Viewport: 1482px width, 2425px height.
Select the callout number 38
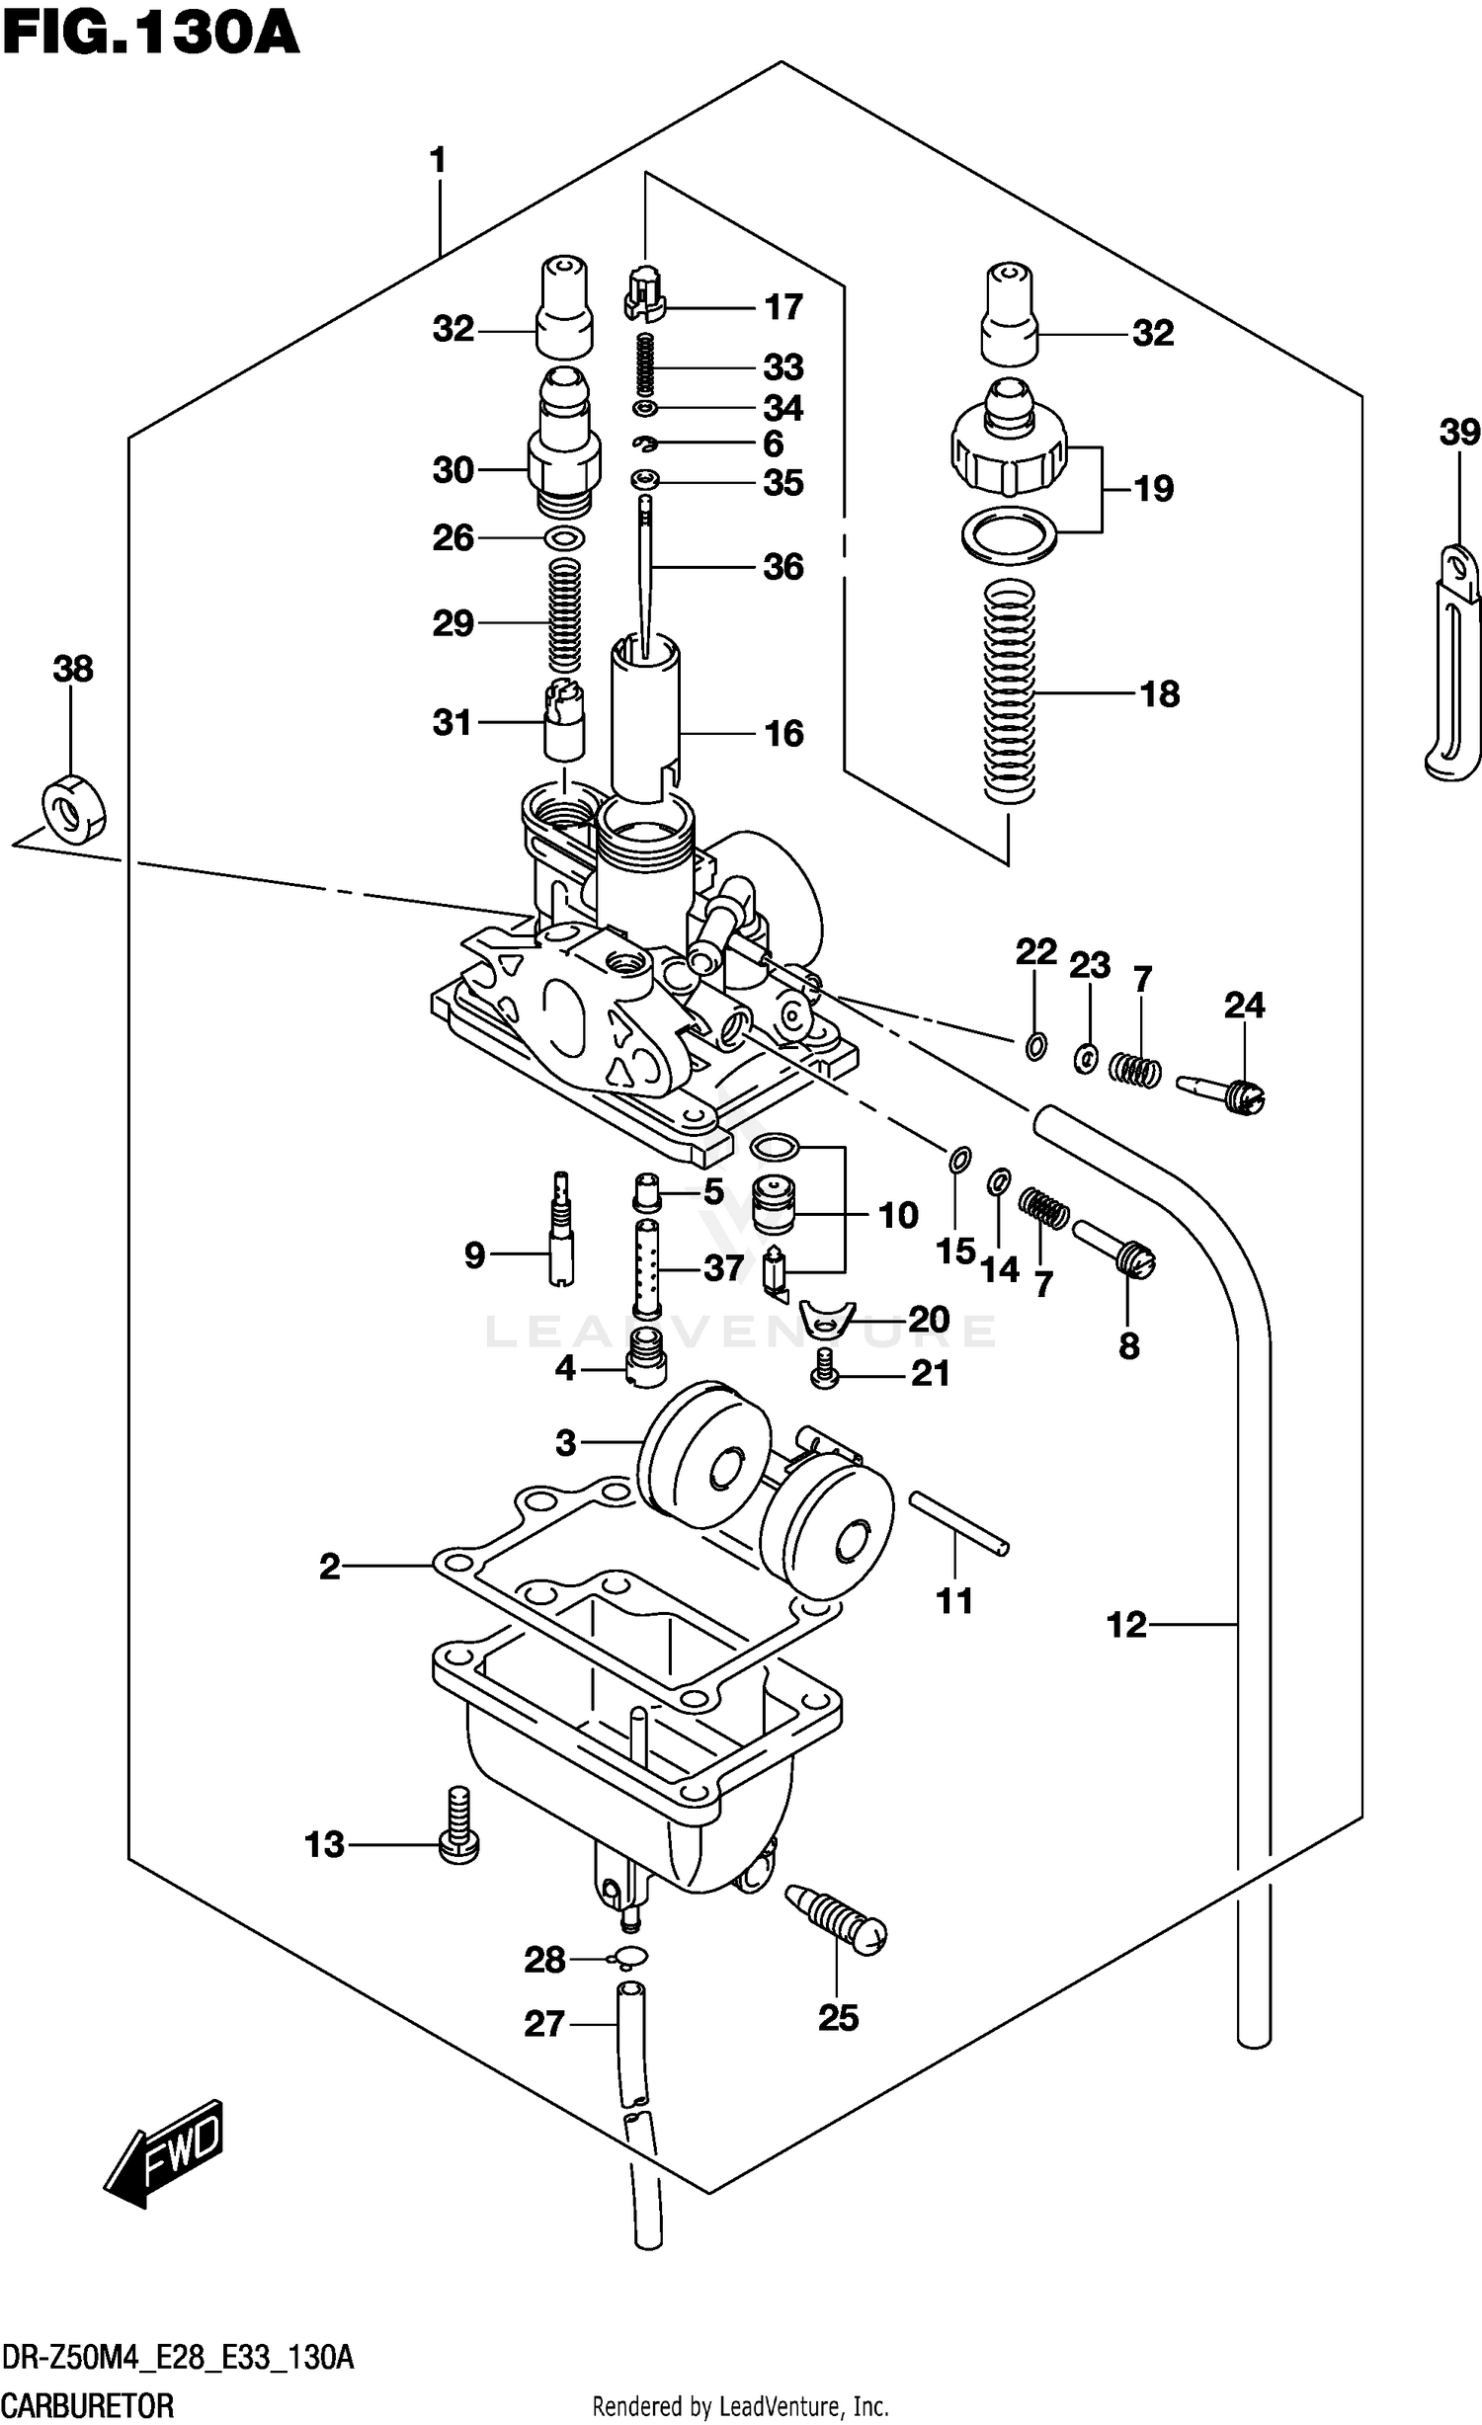click(73, 669)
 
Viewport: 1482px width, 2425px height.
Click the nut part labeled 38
click(73, 809)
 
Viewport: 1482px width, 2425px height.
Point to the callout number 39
click(1459, 432)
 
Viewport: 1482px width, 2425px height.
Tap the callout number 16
click(783, 733)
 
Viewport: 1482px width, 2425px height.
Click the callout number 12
click(1126, 1624)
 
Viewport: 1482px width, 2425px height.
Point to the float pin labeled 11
click(957, 1536)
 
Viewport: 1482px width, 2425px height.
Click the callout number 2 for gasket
click(329, 1566)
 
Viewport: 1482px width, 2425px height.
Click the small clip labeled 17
click(644, 295)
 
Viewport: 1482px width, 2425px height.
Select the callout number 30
click(453, 470)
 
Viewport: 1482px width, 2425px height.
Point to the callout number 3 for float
click(564, 1443)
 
